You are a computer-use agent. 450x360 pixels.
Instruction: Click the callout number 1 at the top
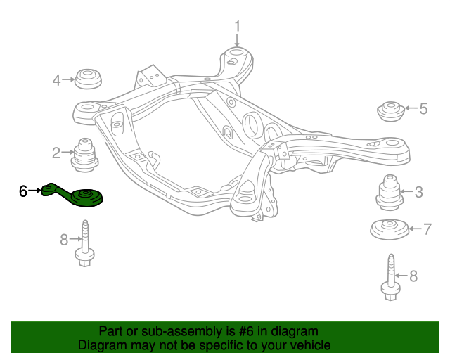[x=237, y=26]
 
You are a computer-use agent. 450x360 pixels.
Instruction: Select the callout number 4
[x=56, y=80]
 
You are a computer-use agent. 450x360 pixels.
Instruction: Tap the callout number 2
[x=56, y=151]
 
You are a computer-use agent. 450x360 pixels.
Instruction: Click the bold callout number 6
[x=23, y=191]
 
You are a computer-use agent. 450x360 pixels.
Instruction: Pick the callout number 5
[x=423, y=108]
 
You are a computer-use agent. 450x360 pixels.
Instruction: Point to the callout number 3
[x=418, y=191]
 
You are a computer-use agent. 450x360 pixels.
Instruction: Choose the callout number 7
[x=427, y=229]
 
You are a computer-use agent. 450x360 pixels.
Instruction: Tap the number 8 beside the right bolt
[x=413, y=275]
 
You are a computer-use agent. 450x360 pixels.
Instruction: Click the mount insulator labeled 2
[x=86, y=155]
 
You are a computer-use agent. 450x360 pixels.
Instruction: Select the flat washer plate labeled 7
[x=390, y=230]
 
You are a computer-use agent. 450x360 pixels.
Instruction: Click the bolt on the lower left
[x=86, y=246]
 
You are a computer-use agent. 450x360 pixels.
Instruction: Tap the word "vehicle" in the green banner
[x=308, y=345]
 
